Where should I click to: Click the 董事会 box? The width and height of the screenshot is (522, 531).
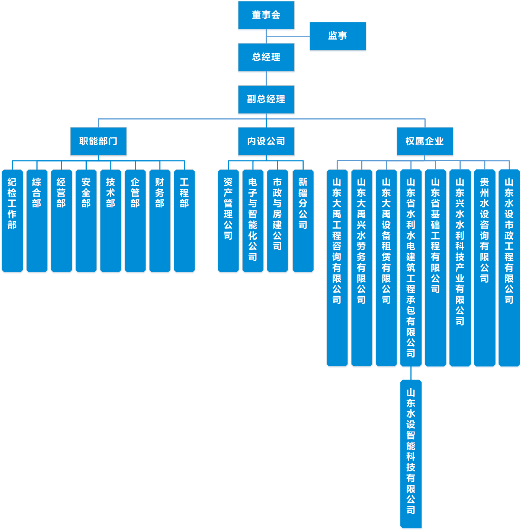pos(266,15)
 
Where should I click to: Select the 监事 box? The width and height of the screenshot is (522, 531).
pos(337,36)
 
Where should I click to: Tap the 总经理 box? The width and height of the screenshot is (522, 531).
pos(266,57)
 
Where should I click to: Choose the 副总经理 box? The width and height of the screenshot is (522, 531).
pos(266,99)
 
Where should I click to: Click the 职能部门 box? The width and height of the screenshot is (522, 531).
pos(98,142)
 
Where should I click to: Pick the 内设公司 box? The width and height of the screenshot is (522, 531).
pos(266,142)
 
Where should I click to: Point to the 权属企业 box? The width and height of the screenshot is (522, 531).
pos(425,142)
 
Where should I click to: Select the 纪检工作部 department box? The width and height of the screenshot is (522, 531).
pos(12,220)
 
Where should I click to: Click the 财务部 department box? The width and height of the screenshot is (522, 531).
pos(160,220)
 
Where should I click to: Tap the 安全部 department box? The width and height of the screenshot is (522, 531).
pos(86,220)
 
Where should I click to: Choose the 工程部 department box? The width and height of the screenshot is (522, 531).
pos(184,220)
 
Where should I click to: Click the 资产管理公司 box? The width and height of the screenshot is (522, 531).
pos(228,220)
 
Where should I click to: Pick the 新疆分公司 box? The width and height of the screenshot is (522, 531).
pos(303,220)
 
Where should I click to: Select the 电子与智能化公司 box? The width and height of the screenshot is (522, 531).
pos(253,220)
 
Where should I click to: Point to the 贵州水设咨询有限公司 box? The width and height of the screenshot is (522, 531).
pos(484,267)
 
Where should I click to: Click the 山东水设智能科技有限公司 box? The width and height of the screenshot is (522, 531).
pos(411,454)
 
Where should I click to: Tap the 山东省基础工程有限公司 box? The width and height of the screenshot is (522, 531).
pos(435,267)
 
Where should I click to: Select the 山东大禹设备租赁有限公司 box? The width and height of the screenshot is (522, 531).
pos(386,267)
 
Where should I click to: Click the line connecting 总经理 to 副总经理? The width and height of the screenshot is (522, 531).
pos(266,78)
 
